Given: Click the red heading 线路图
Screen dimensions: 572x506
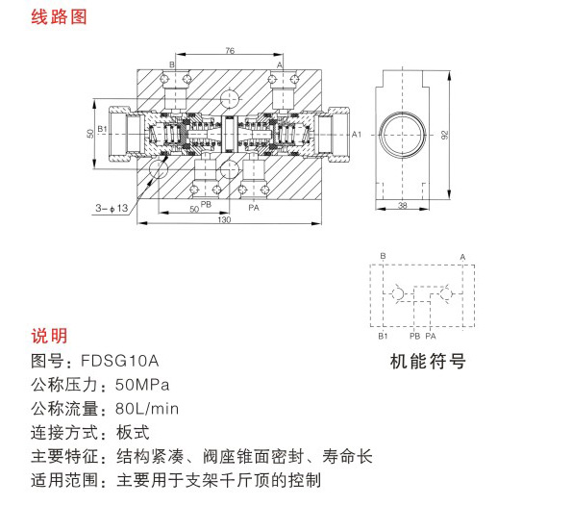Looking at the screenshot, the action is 59,16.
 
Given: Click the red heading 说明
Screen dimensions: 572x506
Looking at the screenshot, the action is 49,336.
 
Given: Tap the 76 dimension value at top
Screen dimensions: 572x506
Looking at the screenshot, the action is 230,50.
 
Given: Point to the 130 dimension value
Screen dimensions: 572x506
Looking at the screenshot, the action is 224,219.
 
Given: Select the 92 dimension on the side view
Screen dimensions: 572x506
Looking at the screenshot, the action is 444,135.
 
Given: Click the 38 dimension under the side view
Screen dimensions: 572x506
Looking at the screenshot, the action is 403,205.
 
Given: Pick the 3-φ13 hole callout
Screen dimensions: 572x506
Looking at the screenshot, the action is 112,208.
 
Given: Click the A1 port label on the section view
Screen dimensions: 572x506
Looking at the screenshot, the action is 357,135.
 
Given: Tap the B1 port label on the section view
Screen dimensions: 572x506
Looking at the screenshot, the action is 102,129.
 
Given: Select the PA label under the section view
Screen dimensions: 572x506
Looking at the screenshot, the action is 254,208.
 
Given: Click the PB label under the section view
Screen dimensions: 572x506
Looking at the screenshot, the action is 206,204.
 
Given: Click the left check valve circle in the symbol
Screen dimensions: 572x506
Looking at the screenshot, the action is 398,293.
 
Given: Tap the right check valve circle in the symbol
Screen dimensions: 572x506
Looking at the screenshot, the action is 446,293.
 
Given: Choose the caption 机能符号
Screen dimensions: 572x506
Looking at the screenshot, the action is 428,362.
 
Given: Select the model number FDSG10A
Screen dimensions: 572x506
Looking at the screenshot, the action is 119,361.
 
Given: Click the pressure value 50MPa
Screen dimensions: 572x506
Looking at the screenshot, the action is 142,385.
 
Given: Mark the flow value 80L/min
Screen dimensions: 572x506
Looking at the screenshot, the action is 147,409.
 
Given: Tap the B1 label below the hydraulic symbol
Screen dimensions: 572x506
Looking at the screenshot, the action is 383,336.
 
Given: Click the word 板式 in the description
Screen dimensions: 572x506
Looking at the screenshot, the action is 133,433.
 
